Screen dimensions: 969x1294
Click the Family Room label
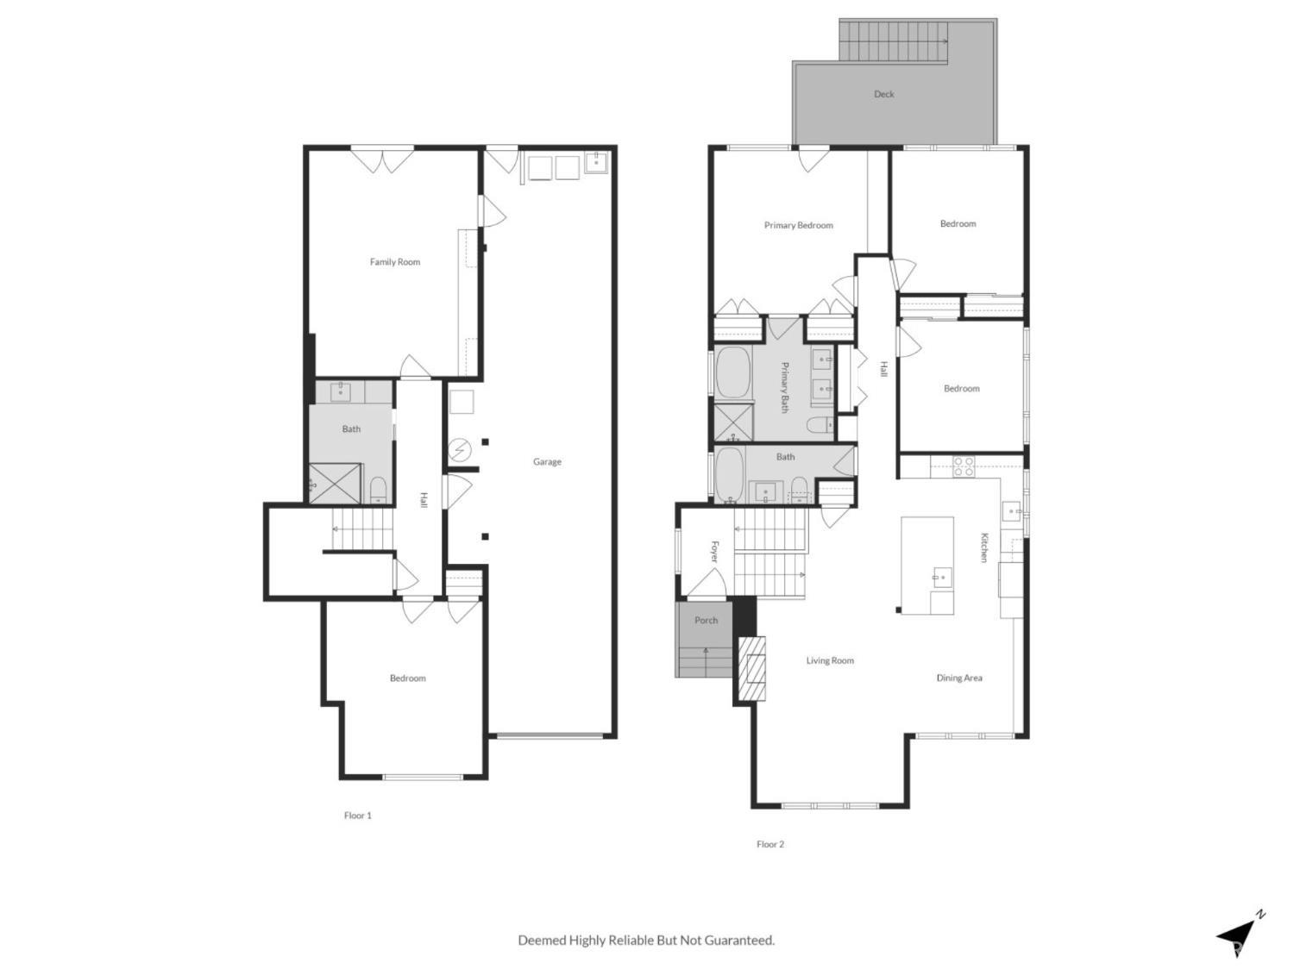click(395, 262)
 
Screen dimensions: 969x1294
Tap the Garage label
click(547, 462)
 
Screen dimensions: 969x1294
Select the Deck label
click(884, 94)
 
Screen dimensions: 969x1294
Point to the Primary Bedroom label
click(798, 226)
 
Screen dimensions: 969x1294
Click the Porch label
click(706, 621)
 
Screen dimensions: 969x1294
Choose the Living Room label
click(830, 661)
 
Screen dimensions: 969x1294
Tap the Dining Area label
click(959, 678)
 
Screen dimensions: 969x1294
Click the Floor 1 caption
click(357, 816)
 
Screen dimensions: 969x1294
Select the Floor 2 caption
click(770, 845)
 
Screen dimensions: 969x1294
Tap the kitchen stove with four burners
click(964, 466)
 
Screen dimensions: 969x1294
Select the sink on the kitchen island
click(942, 577)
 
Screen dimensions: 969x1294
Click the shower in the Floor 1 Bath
click(335, 484)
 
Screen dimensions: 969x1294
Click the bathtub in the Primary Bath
click(732, 372)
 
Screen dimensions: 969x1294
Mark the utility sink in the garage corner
click(596, 161)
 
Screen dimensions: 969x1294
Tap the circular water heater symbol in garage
click(460, 450)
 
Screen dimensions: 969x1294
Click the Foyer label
click(714, 552)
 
